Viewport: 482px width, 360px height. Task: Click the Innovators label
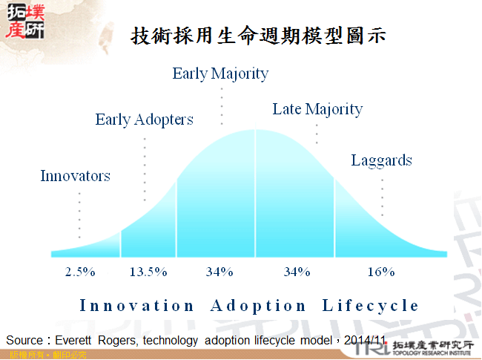75,176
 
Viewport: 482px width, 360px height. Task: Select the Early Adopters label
144,120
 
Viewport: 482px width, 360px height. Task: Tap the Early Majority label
220,73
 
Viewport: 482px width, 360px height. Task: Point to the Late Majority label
317,110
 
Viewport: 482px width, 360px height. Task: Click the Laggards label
381,160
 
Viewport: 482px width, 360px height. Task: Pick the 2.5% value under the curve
80,272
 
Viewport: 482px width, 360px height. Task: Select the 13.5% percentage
148,272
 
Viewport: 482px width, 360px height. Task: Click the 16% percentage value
381,272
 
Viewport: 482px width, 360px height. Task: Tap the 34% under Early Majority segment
220,272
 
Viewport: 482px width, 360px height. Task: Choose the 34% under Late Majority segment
297,272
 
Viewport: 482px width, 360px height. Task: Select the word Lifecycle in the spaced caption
371,306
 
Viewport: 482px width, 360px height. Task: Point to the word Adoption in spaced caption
258,306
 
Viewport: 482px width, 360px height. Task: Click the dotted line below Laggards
382,196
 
